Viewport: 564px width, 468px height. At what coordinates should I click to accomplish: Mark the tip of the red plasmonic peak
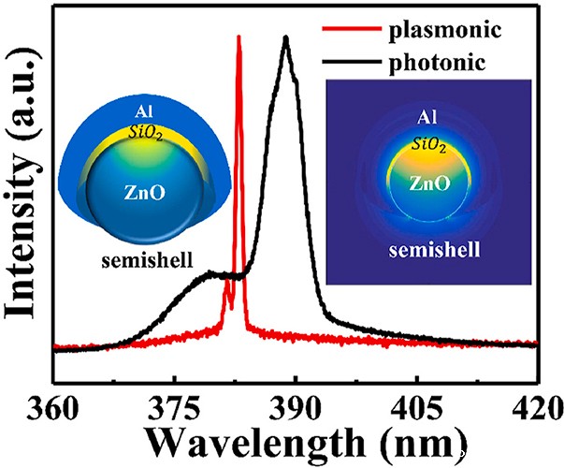click(239, 37)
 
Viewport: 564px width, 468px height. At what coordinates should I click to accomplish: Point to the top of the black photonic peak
click(285, 38)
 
